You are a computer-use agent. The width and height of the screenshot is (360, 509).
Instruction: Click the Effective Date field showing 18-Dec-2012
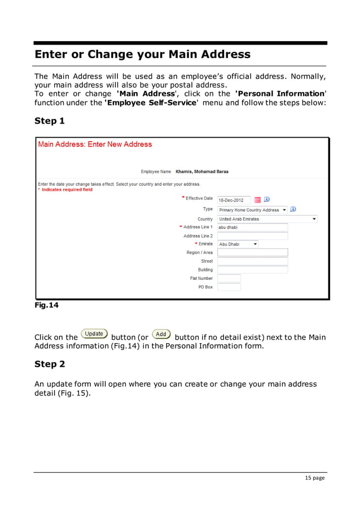pos(234,200)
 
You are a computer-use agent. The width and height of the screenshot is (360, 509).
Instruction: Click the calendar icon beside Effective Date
pos(258,200)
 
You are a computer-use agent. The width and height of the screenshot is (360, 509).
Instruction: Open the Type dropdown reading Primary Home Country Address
pos(253,210)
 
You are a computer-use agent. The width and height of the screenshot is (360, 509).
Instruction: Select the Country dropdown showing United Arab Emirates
pos(267,219)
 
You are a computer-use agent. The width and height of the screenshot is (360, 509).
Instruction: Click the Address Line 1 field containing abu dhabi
pos(252,227)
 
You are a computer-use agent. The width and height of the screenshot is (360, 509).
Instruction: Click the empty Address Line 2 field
pos(252,236)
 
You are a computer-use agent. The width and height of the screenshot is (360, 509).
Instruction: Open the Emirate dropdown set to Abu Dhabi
pos(238,244)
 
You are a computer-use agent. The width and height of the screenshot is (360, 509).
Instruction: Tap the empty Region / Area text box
pos(252,253)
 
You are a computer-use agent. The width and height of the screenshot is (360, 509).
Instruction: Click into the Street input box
pos(252,261)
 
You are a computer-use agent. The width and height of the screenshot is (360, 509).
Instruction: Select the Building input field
pos(252,270)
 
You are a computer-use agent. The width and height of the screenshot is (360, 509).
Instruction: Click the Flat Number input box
pos(229,278)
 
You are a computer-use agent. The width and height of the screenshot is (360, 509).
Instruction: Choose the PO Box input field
pos(229,287)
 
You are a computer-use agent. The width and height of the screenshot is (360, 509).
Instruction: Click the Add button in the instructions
pos(161,334)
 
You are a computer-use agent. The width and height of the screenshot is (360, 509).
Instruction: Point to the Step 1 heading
pos(50,121)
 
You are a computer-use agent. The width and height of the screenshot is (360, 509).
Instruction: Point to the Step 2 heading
pos(50,364)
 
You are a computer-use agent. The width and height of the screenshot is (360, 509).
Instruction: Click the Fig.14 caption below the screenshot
pos(46,305)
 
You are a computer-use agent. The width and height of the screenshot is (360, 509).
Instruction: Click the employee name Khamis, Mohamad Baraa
pos(202,172)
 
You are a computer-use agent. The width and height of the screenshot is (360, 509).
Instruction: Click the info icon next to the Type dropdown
pos(294,209)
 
